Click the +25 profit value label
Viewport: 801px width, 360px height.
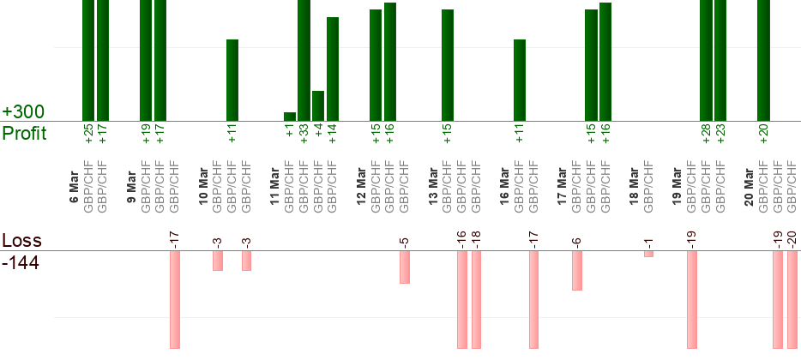(x=88, y=134)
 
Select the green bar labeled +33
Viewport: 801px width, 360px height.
(x=304, y=60)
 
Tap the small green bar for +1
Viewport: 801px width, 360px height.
(x=290, y=117)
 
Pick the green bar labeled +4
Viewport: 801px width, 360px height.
(x=318, y=105)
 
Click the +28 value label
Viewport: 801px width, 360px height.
(x=707, y=134)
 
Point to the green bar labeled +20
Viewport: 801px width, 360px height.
(x=763, y=60)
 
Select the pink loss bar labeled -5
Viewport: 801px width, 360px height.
(x=405, y=267)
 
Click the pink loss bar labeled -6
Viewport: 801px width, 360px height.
(x=577, y=270)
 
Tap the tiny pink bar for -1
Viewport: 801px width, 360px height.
(x=648, y=254)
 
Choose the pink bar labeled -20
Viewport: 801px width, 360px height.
(x=792, y=299)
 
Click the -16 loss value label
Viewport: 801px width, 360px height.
(x=462, y=237)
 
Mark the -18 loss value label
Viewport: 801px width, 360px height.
(x=477, y=237)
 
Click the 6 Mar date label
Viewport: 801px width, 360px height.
(x=75, y=189)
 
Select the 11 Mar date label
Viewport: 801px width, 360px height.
(x=275, y=189)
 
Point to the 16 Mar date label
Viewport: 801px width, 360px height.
(x=505, y=189)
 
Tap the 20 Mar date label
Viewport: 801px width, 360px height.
(x=749, y=189)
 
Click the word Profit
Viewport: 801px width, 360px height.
(x=24, y=133)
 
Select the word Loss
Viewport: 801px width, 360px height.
(x=21, y=241)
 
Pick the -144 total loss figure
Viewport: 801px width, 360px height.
(x=21, y=261)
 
